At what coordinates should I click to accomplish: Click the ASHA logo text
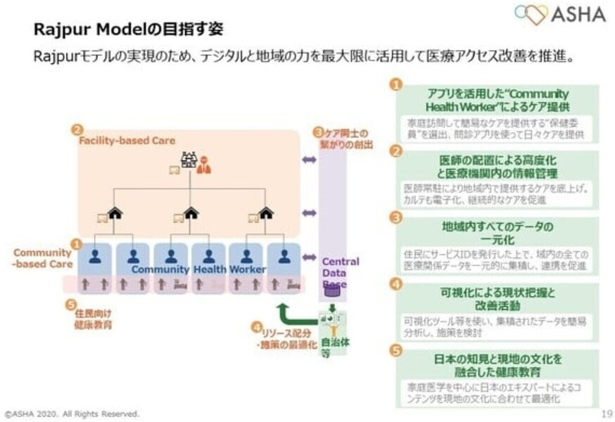[x=580, y=15]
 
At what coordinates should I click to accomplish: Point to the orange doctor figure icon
[x=203, y=164]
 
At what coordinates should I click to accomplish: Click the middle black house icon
[x=191, y=212]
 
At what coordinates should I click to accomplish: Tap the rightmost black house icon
[x=265, y=212]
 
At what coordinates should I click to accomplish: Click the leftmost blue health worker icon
[x=95, y=257]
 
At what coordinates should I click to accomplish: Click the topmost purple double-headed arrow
[x=309, y=160]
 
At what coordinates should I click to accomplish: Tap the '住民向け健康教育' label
[x=92, y=320]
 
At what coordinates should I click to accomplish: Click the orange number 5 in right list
[x=396, y=349]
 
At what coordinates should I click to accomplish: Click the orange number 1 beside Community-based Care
[x=77, y=243]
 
